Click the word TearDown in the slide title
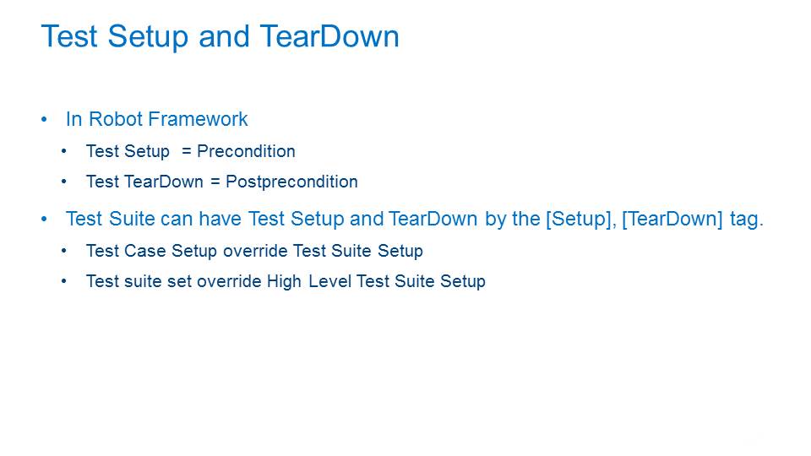(329, 36)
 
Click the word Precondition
(246, 151)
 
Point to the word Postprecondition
(291, 182)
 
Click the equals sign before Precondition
(187, 151)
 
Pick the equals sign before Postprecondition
(215, 182)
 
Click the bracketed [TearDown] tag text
(672, 219)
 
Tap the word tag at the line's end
(746, 220)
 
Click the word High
(284, 281)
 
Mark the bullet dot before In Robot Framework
(44, 119)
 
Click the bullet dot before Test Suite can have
(44, 220)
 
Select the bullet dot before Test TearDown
(63, 182)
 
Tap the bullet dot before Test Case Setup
(63, 251)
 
